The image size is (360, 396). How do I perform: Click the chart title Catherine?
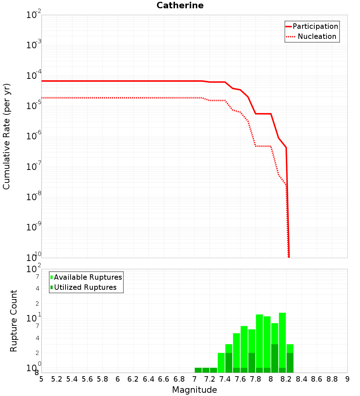[x=180, y=6]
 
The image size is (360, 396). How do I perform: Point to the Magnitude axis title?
[x=194, y=390]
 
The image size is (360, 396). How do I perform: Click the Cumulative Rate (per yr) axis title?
[x=6, y=136]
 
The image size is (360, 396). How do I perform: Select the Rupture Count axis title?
[x=14, y=321]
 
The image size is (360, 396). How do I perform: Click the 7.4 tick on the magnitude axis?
[x=225, y=379]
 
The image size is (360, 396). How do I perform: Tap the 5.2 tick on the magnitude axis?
[x=57, y=379]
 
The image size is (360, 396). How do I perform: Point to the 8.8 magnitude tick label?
[x=332, y=379]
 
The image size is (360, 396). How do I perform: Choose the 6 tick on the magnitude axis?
[x=118, y=379]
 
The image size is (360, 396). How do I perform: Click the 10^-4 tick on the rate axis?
[x=34, y=76]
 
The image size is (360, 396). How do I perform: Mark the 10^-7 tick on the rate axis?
[x=34, y=167]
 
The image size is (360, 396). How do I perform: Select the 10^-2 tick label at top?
[x=34, y=15]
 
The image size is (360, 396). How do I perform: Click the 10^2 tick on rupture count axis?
[x=34, y=269]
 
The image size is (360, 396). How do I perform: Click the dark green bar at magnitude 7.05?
[x=198, y=370]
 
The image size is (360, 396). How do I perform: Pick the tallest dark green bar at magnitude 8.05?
[x=275, y=358]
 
